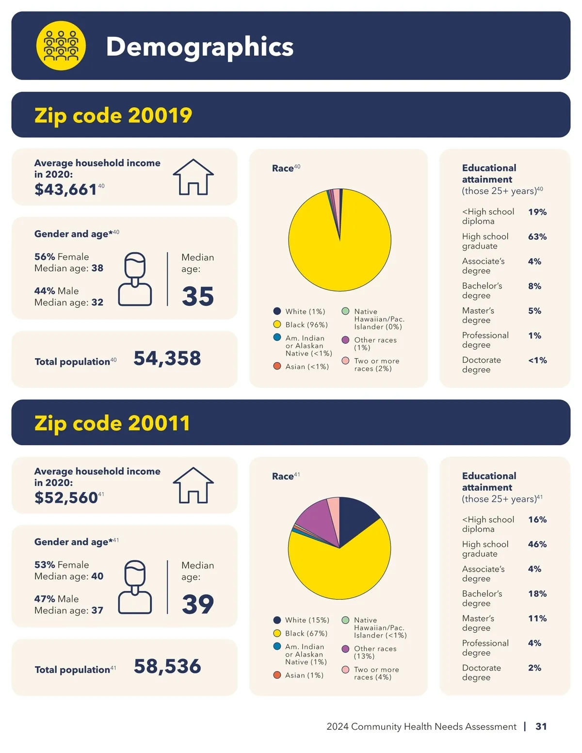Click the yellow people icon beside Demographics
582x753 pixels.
(61, 46)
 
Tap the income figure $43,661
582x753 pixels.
(65, 189)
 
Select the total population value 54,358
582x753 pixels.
(167, 358)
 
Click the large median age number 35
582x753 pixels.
(198, 296)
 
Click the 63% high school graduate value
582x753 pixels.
(537, 237)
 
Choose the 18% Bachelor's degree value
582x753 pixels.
(537, 593)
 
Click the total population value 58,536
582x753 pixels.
(167, 666)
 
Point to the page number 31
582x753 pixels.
(541, 726)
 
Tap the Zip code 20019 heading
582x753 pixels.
(113, 115)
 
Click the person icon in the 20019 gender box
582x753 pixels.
(135, 279)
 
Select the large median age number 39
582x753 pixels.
(198, 604)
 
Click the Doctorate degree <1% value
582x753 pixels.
(537, 360)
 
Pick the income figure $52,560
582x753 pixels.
(66, 497)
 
